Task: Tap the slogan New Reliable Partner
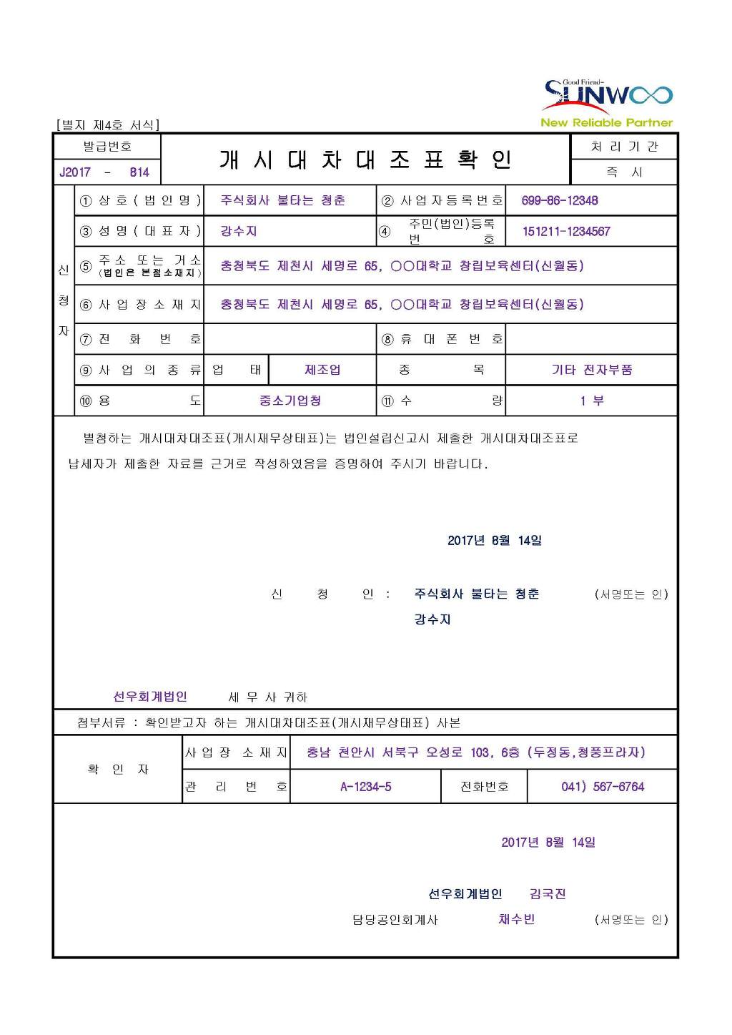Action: point(606,122)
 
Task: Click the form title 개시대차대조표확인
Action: point(365,160)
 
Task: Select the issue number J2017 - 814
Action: point(105,172)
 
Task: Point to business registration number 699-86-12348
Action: point(560,200)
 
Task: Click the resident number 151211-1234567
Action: point(566,231)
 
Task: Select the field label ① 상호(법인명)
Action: point(139,200)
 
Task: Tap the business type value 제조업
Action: point(322,370)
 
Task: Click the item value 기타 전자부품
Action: point(591,370)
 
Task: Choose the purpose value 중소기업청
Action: point(290,401)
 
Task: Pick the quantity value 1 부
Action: point(591,401)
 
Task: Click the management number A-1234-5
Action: point(365,787)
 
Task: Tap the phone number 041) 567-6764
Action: point(602,787)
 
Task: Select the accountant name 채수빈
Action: point(516,919)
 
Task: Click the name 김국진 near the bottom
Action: point(548,893)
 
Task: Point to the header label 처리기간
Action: point(623,147)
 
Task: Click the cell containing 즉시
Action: point(623,172)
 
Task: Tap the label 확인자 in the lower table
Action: point(118,769)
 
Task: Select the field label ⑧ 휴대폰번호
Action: point(441,339)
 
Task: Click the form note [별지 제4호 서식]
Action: point(107,125)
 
